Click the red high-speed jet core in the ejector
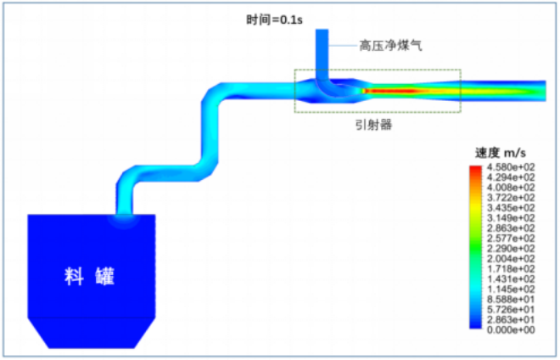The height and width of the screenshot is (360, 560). click(382, 89)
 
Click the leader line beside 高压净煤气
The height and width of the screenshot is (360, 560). click(342, 47)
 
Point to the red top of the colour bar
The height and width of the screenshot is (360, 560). click(473, 170)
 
